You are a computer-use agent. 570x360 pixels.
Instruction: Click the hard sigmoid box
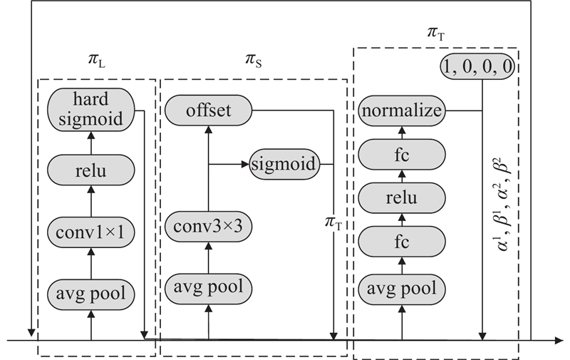click(x=90, y=110)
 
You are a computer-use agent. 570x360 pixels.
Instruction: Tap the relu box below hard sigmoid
click(x=90, y=171)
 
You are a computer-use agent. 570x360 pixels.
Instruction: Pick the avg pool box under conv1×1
click(x=90, y=292)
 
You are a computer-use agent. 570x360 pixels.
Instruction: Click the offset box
click(x=209, y=110)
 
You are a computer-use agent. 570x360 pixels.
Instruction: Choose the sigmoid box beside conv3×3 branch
click(x=284, y=163)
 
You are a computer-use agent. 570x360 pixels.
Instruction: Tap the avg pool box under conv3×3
click(x=209, y=287)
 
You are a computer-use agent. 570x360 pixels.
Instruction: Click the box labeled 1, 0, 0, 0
click(x=479, y=68)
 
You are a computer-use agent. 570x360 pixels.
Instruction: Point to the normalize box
click(x=403, y=111)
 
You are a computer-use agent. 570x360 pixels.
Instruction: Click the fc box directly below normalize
click(x=403, y=153)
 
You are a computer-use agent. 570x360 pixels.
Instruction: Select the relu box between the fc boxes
click(x=403, y=197)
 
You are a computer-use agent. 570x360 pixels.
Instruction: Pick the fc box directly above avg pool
click(x=403, y=242)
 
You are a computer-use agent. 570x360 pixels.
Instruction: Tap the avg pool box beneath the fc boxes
click(x=403, y=289)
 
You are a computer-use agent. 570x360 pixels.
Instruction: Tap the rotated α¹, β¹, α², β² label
click(x=506, y=215)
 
